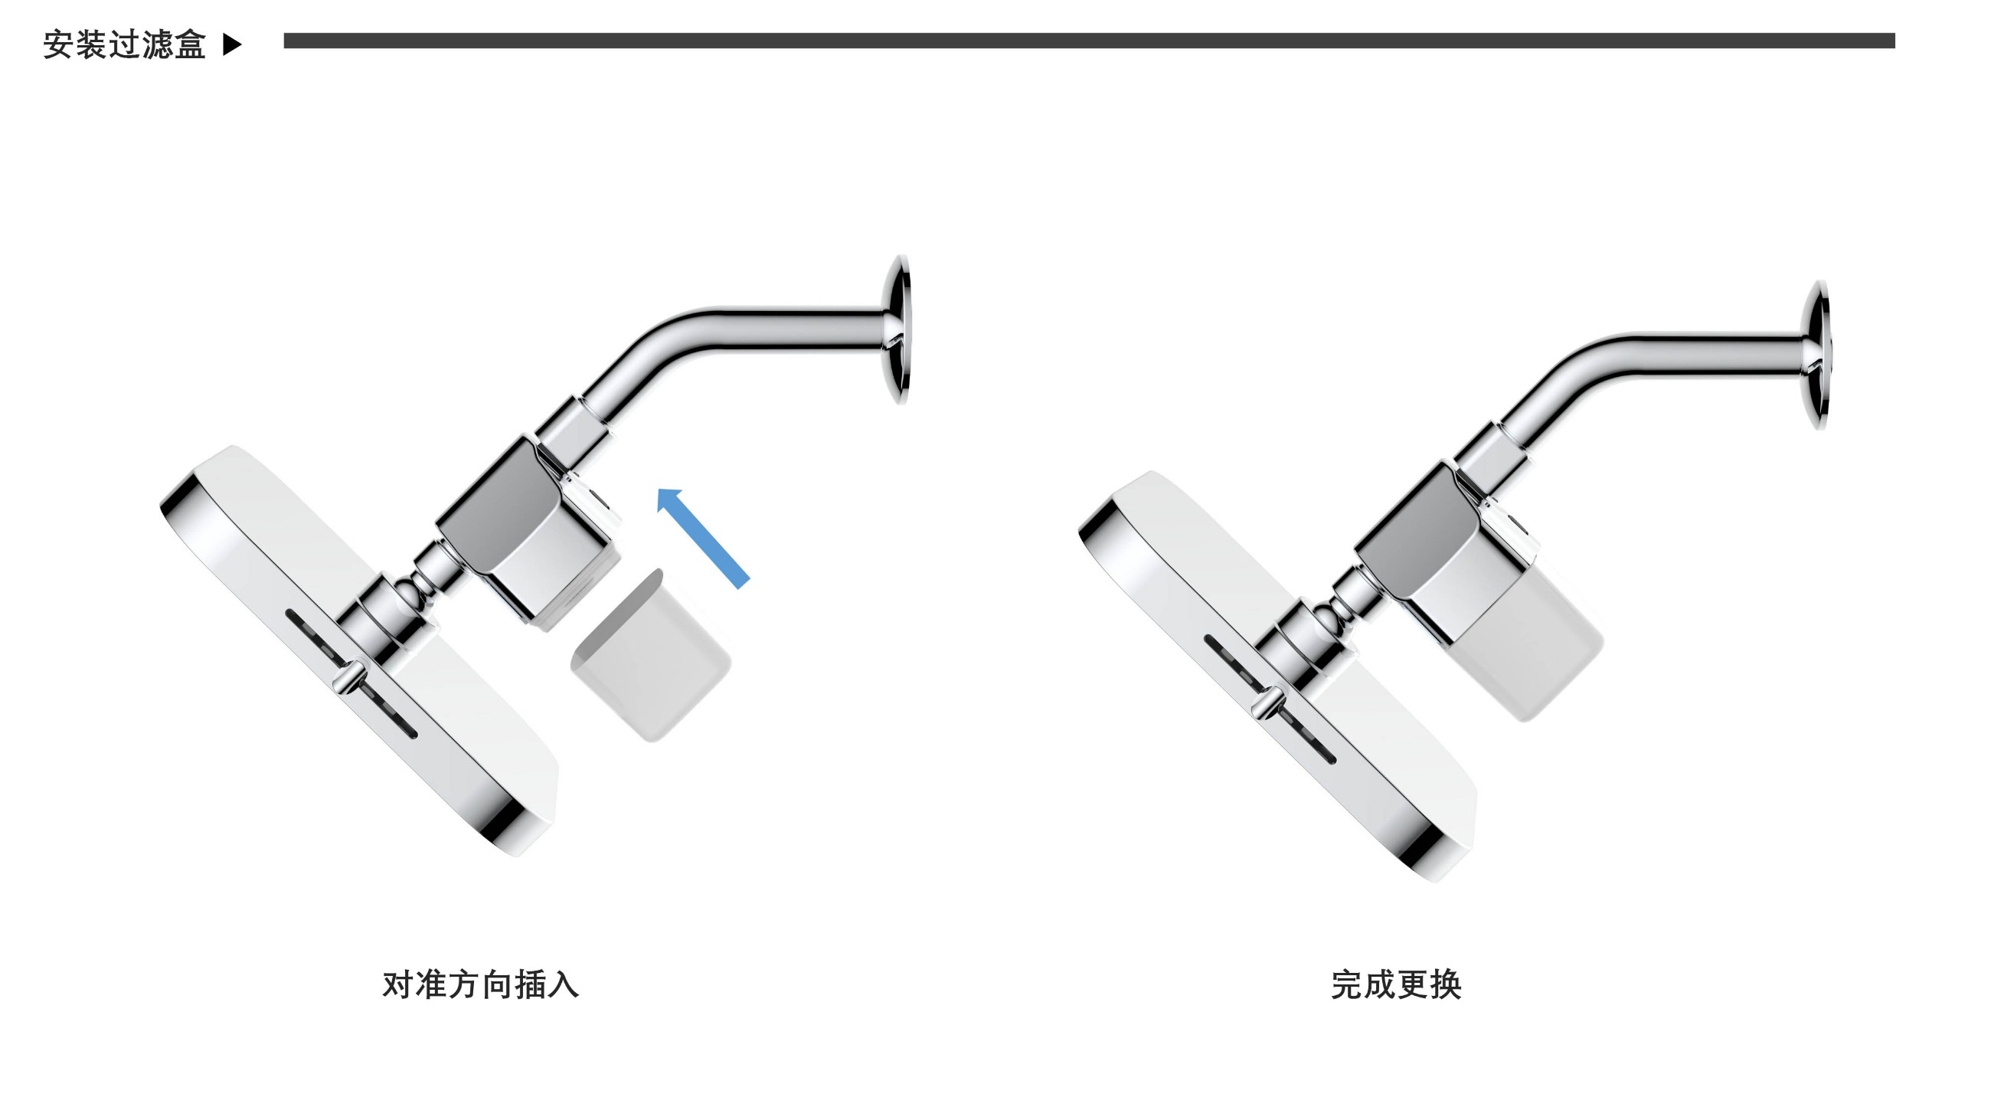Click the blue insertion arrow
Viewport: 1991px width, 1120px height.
(x=702, y=538)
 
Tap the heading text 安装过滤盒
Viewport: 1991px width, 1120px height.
(x=124, y=45)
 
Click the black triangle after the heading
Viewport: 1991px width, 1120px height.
(x=232, y=45)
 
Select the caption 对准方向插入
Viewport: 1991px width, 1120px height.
(x=480, y=984)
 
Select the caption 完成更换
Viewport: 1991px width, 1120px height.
(x=1396, y=984)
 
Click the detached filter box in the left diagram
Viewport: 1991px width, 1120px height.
(x=650, y=657)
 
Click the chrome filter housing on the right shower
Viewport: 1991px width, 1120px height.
(x=1437, y=552)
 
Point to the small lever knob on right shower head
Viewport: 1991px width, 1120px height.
(x=1267, y=704)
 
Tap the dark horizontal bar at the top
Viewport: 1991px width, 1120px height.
(x=1089, y=40)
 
